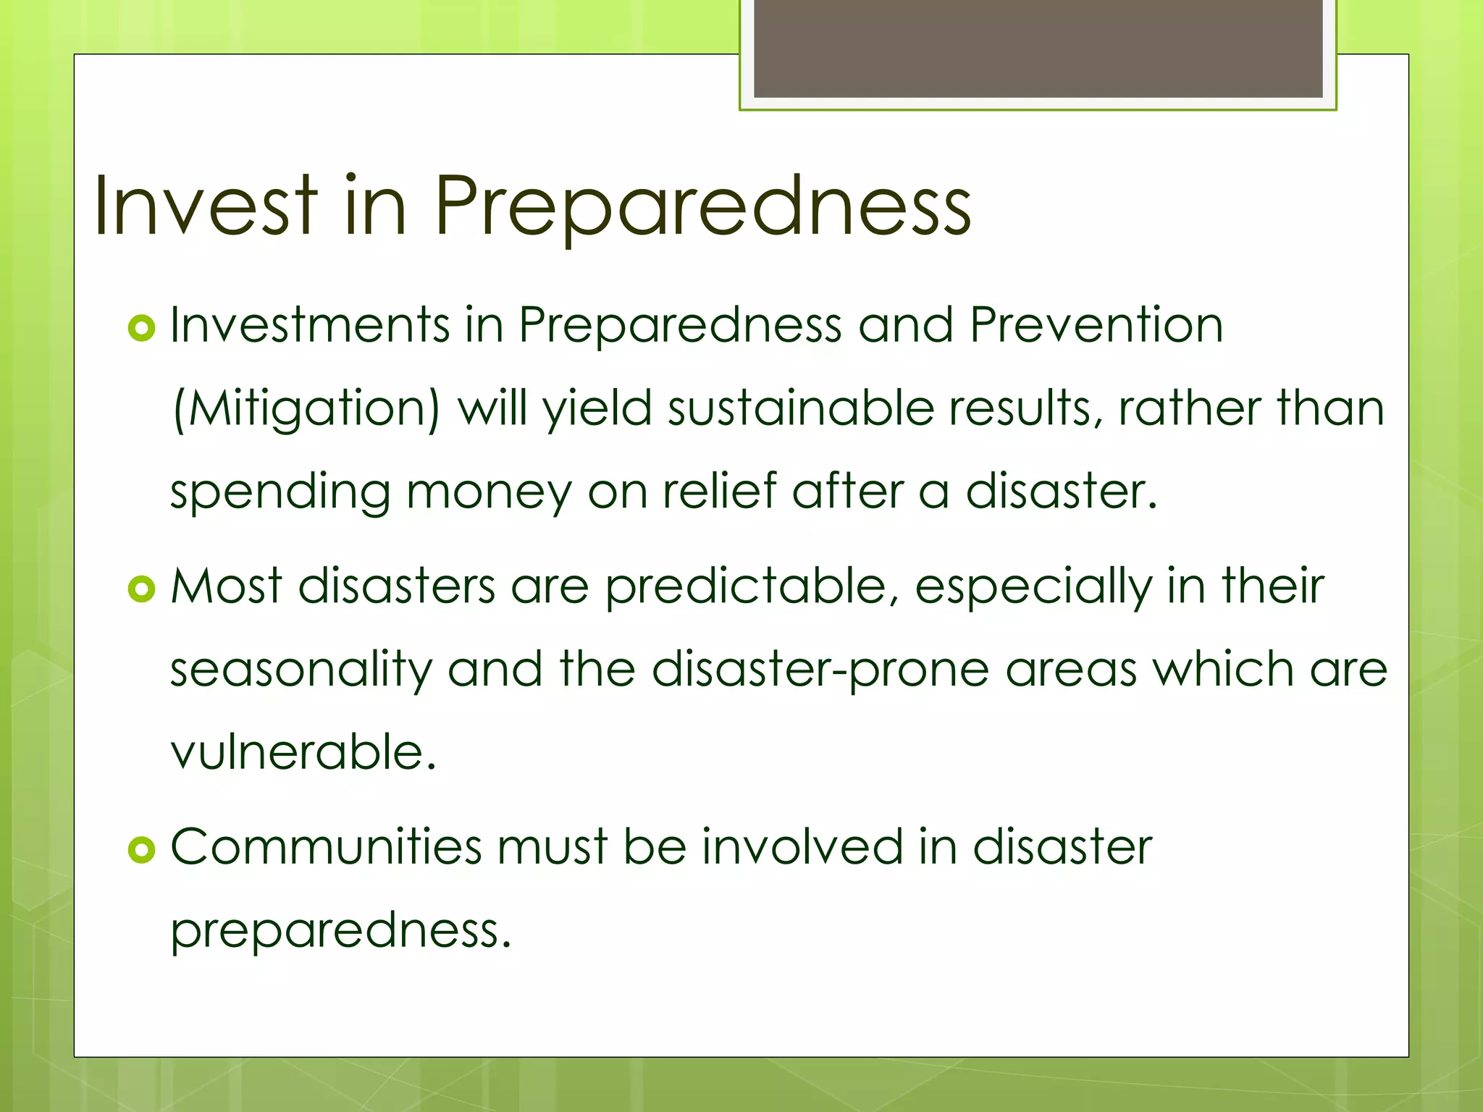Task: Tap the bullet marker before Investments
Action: coord(141,329)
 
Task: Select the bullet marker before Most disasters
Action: coord(141,589)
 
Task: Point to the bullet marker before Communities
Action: coord(141,850)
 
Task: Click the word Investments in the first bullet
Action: coord(310,325)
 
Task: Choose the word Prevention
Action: coord(1096,325)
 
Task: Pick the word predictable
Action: coord(746,586)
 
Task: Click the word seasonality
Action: coord(301,670)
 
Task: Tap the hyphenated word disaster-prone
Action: coord(820,670)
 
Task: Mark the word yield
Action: coord(597,409)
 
